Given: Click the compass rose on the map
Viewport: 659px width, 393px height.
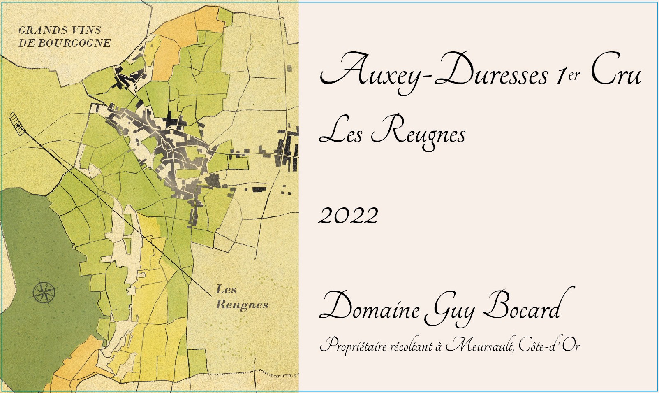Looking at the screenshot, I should [44, 293].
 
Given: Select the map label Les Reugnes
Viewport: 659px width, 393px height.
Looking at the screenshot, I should [242, 297].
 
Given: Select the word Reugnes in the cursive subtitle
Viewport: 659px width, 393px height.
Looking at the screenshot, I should [418, 133].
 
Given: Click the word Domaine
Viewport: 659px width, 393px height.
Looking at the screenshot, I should [370, 307].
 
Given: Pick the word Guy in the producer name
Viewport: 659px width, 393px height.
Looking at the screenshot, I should [450, 309].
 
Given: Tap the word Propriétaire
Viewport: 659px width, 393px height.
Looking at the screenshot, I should [354, 346].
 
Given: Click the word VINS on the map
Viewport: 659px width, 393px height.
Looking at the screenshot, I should [86, 30].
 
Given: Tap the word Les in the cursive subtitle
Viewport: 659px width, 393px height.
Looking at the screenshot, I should [340, 133].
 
